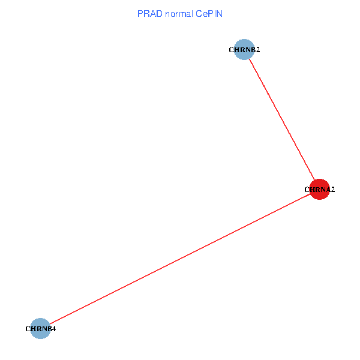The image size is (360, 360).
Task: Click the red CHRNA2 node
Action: (x=319, y=189)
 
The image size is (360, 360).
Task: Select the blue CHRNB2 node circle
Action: (x=244, y=50)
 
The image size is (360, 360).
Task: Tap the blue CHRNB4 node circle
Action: (x=40, y=328)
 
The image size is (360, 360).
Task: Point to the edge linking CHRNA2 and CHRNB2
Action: (x=281, y=119)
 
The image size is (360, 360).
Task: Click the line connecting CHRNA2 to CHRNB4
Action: (x=180, y=259)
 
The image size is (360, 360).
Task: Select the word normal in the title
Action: (x=176, y=13)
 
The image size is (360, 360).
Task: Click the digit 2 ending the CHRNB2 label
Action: (x=257, y=50)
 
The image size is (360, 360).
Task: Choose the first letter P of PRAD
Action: (x=140, y=13)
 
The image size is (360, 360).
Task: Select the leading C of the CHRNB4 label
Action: (x=28, y=329)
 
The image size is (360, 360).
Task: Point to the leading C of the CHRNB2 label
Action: (x=232, y=50)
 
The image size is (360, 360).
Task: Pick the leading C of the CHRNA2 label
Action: (x=307, y=190)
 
